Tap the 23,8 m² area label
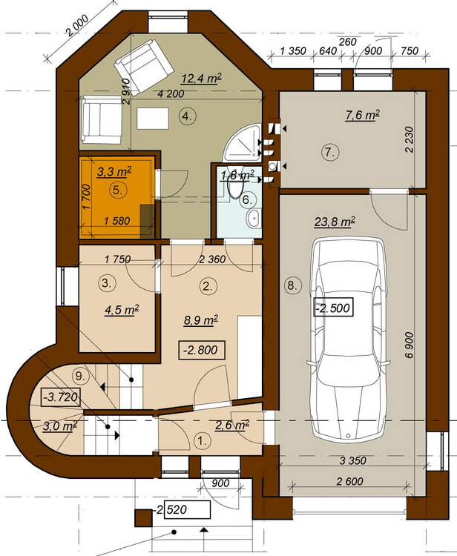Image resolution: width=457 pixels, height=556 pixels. tap(335, 222)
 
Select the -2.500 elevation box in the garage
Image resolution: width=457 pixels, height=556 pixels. tap(334, 308)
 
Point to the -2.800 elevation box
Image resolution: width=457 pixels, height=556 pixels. tap(201, 350)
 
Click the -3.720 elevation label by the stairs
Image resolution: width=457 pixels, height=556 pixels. tap(60, 397)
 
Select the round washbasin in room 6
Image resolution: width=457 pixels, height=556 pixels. tap(253, 218)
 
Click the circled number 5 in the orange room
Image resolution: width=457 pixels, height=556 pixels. tap(117, 190)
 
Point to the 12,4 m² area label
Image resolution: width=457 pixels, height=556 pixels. tap(201, 78)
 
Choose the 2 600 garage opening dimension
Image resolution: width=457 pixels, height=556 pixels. tap(349, 482)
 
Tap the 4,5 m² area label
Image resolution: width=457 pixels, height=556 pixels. tap(122, 310)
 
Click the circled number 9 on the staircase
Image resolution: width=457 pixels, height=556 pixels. tap(81, 376)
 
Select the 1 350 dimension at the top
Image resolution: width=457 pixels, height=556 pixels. tap(293, 51)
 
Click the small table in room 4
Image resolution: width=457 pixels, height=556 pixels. tap(153, 119)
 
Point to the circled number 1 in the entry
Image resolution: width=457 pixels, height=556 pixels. tap(203, 442)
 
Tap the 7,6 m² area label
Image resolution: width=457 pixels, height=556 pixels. tap(363, 115)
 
